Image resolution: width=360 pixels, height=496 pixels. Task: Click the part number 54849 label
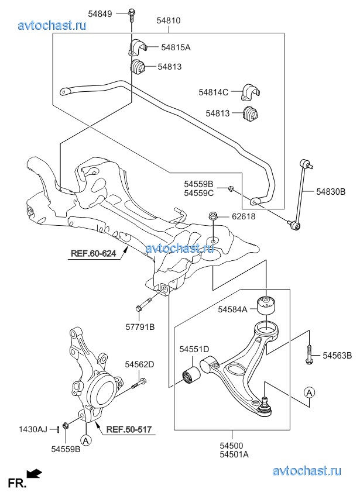click(x=100, y=14)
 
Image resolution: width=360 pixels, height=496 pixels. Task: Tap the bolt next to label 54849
click(x=131, y=15)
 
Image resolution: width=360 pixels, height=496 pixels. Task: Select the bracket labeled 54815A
click(x=137, y=47)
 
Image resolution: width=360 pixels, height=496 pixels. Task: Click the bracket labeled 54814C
click(x=251, y=92)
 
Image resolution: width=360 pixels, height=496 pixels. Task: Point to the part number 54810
click(x=169, y=20)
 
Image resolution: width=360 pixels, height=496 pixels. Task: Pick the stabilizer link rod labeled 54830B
click(x=300, y=195)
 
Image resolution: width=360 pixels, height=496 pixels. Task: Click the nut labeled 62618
click(x=212, y=216)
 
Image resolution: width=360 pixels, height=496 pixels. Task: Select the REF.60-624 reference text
click(x=93, y=253)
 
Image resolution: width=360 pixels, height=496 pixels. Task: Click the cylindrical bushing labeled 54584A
click(x=266, y=305)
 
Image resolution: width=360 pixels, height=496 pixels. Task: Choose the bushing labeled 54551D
click(x=191, y=376)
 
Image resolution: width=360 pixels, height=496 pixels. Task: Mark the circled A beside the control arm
click(x=309, y=392)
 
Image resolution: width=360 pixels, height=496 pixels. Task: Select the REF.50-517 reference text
click(x=129, y=429)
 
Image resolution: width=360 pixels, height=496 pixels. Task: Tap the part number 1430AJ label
click(x=33, y=429)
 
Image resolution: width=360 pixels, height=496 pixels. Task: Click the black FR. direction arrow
click(x=34, y=474)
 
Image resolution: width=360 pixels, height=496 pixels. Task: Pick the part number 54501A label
click(x=234, y=454)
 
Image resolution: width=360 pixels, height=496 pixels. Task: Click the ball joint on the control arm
click(x=265, y=408)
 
